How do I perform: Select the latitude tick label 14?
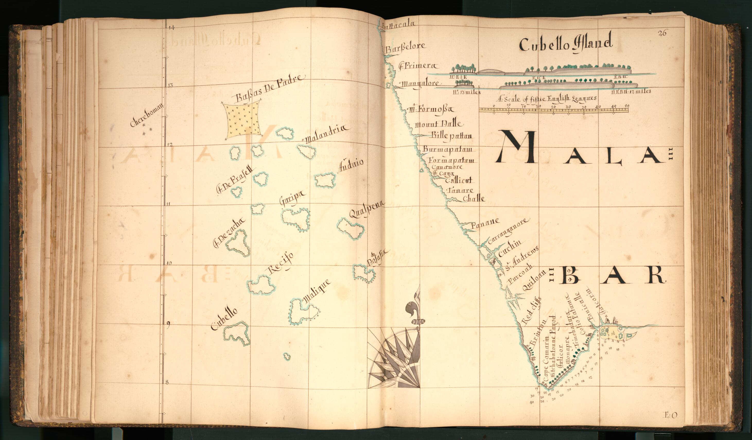pos(172,28)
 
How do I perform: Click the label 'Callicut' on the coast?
pos(459,180)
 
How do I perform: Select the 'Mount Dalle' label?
pos(438,124)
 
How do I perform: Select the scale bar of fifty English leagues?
pos(554,110)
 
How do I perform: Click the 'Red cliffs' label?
pos(531,312)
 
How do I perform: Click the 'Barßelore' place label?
pos(406,47)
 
